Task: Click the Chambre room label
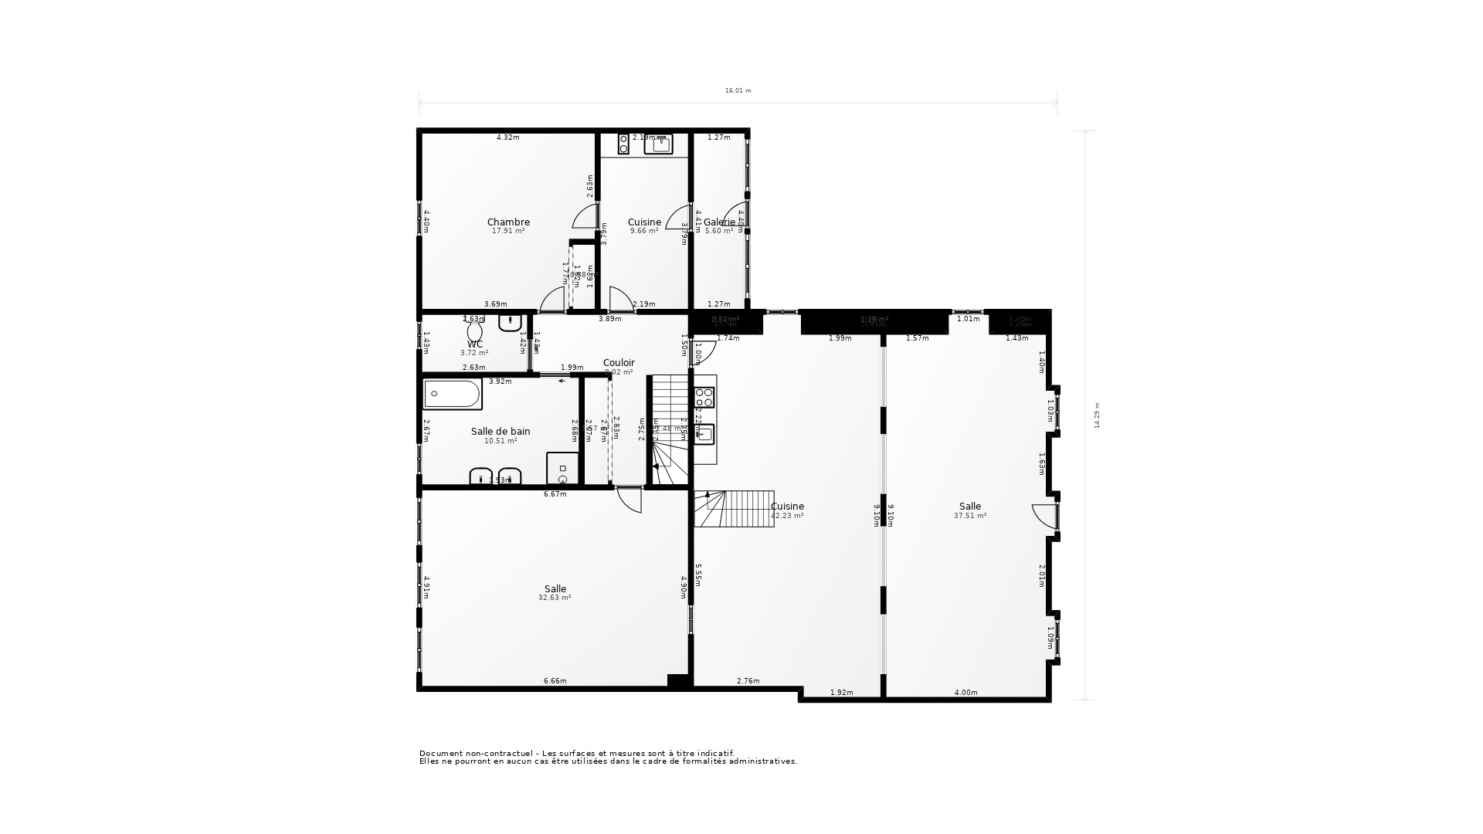[508, 222]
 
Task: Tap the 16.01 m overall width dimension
[738, 91]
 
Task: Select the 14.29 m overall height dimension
[1097, 415]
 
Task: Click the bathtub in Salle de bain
[452, 394]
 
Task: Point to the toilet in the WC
[474, 332]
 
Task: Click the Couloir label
[619, 363]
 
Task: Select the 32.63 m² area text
[555, 598]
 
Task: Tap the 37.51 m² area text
[970, 516]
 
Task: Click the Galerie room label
[719, 222]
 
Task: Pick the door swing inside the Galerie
[735, 214]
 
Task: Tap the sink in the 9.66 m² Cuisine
[659, 144]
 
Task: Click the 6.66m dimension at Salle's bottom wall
[555, 681]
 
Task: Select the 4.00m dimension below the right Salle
[965, 693]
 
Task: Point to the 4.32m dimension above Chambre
[507, 137]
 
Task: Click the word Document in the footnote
[437, 754]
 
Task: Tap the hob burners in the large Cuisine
[704, 398]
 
